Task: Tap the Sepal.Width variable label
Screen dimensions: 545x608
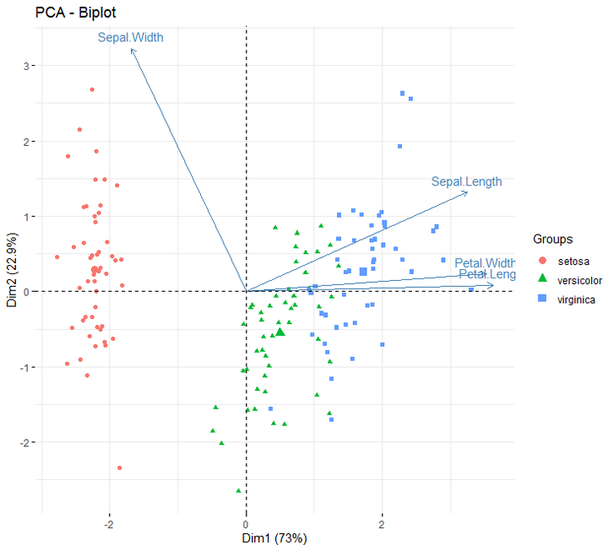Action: pyautogui.click(x=130, y=37)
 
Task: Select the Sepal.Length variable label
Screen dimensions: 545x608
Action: pyautogui.click(x=466, y=181)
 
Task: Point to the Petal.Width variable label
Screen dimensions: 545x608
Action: pyautogui.click(x=484, y=262)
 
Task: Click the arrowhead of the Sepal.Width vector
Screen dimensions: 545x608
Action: pyautogui.click(x=132, y=49)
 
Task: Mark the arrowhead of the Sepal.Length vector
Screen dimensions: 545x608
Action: pyautogui.click(x=466, y=192)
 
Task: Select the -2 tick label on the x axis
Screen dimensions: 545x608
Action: pyautogui.click(x=109, y=523)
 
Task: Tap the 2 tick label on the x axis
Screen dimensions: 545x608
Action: pyautogui.click(x=382, y=523)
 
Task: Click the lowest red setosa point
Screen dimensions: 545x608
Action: pyautogui.click(x=120, y=467)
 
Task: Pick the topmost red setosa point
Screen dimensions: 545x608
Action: pyautogui.click(x=92, y=89)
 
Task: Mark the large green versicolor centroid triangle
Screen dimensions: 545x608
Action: pyautogui.click(x=280, y=332)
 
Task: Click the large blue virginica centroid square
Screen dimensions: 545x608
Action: pyautogui.click(x=363, y=272)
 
